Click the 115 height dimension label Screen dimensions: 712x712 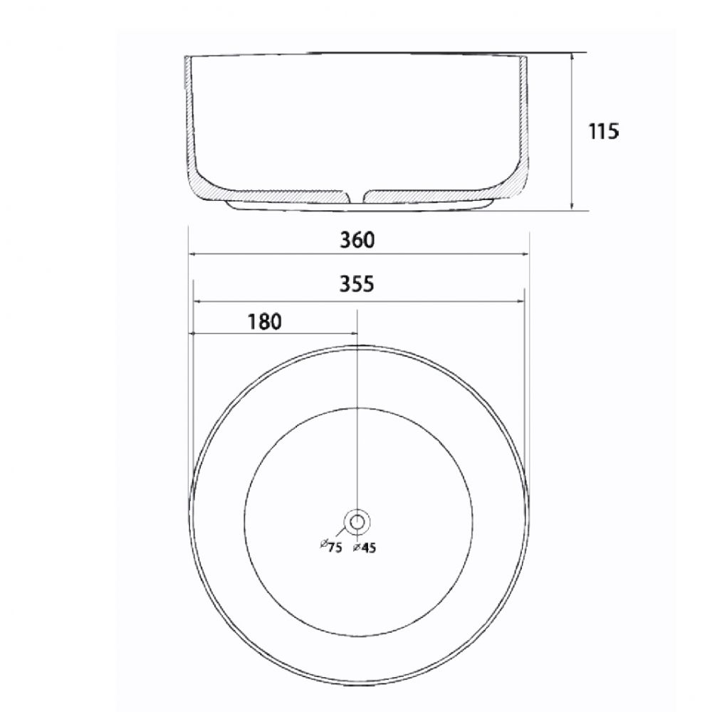[x=604, y=131]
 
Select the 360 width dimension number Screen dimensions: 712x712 [x=357, y=240]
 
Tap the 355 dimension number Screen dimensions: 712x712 [x=357, y=284]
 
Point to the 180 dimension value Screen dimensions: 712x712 [x=264, y=322]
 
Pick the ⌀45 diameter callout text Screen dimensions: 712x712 [x=365, y=548]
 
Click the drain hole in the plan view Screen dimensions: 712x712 [x=357, y=522]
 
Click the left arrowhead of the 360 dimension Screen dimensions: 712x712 [x=192, y=254]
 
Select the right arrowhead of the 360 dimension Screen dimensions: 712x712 [x=525, y=254]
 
